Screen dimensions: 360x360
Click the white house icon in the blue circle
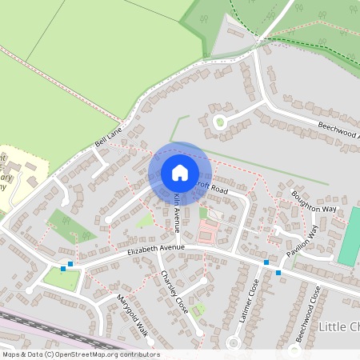[180, 172]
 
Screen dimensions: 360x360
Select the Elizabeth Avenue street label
[156, 249]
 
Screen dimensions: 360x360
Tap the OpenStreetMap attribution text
[80, 354]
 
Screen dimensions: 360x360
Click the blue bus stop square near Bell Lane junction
[71, 263]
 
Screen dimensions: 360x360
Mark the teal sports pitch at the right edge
[349, 237]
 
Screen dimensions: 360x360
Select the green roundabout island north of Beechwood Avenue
[218, 122]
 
